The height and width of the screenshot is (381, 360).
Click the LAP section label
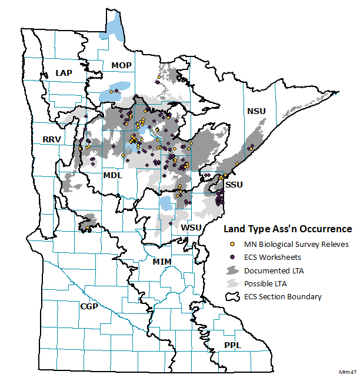(64, 72)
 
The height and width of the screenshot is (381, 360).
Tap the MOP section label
(121, 65)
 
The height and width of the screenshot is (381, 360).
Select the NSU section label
(256, 111)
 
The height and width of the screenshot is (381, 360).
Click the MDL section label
(113, 175)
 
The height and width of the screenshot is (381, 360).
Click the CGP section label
(89, 306)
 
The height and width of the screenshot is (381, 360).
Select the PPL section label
(232, 345)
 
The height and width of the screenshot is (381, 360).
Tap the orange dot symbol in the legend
(232, 244)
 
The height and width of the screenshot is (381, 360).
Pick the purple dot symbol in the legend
(232, 257)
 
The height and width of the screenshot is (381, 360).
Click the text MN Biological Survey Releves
(296, 244)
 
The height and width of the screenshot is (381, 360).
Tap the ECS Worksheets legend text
(272, 257)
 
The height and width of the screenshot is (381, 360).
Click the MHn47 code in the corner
(348, 372)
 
